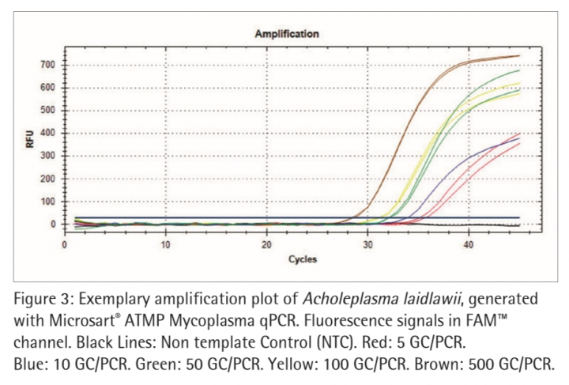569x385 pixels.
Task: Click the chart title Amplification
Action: [286, 34]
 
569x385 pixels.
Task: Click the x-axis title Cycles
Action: [302, 259]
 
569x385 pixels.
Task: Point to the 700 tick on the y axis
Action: [51, 64]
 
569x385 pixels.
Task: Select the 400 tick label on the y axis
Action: [51, 133]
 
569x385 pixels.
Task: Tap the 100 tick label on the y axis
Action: [51, 202]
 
